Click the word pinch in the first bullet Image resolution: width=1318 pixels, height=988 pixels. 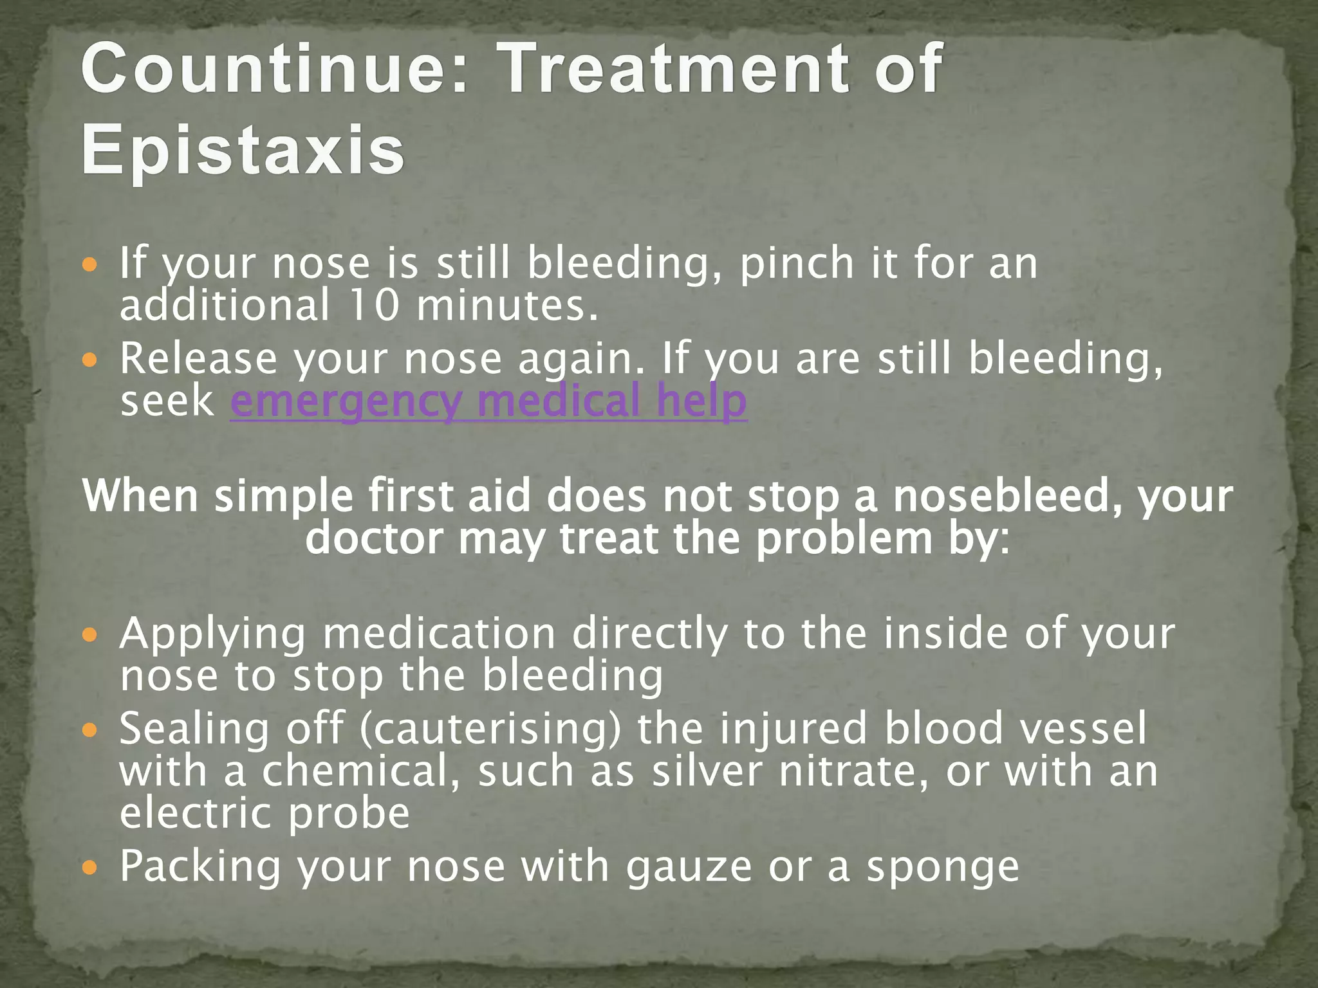coord(797,264)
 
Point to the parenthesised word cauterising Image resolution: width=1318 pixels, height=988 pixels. coord(491,729)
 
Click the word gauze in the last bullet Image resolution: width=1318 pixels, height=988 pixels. coord(689,867)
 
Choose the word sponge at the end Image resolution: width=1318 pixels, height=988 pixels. coord(943,867)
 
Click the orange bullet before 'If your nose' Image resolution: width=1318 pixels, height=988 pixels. coord(90,264)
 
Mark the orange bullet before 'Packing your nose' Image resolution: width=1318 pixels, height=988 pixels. coord(90,868)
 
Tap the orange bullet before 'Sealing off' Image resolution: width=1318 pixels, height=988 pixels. coord(90,729)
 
